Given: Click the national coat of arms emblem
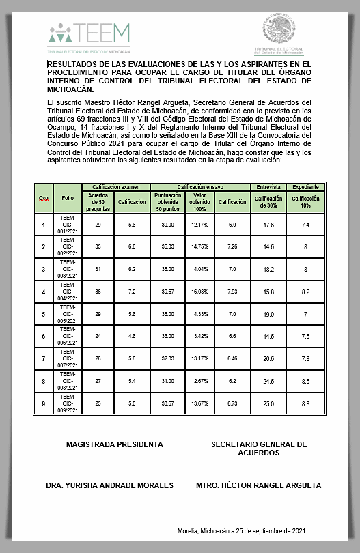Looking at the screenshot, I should pyautogui.click(x=278, y=31).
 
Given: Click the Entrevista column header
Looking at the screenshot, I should pyautogui.click(x=268, y=186).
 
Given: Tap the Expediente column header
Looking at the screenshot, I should pyautogui.click(x=305, y=186).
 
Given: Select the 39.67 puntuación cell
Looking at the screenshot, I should pyautogui.click(x=168, y=292).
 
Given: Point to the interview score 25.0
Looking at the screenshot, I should pyautogui.click(x=268, y=403).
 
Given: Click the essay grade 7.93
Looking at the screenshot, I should pyautogui.click(x=232, y=292).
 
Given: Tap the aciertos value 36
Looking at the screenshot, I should pyautogui.click(x=98, y=292).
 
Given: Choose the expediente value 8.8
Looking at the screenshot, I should pyautogui.click(x=305, y=403).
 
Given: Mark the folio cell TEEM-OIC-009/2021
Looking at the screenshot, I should pyautogui.click(x=67, y=403).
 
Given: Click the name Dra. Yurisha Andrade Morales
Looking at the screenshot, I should pyautogui.click(x=109, y=485).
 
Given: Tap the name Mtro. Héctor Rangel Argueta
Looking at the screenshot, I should pyautogui.click(x=258, y=485).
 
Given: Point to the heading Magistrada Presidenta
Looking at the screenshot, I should pyautogui.click(x=114, y=444).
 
